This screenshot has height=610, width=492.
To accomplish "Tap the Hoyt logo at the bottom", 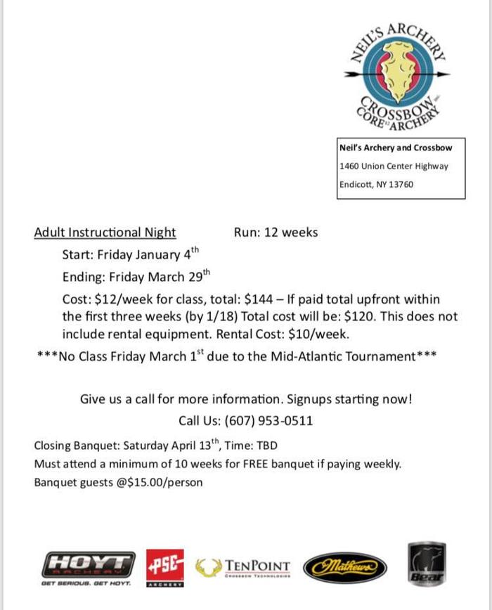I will pyautogui.click(x=88, y=564).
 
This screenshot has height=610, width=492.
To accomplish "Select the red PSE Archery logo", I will pyautogui.click(x=165, y=564).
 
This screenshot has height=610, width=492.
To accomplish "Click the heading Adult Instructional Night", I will pyautogui.click(x=105, y=233).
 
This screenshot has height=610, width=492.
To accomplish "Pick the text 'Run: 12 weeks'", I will pyautogui.click(x=276, y=233).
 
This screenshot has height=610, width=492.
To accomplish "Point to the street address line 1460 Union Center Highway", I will pyautogui.click(x=393, y=167).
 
